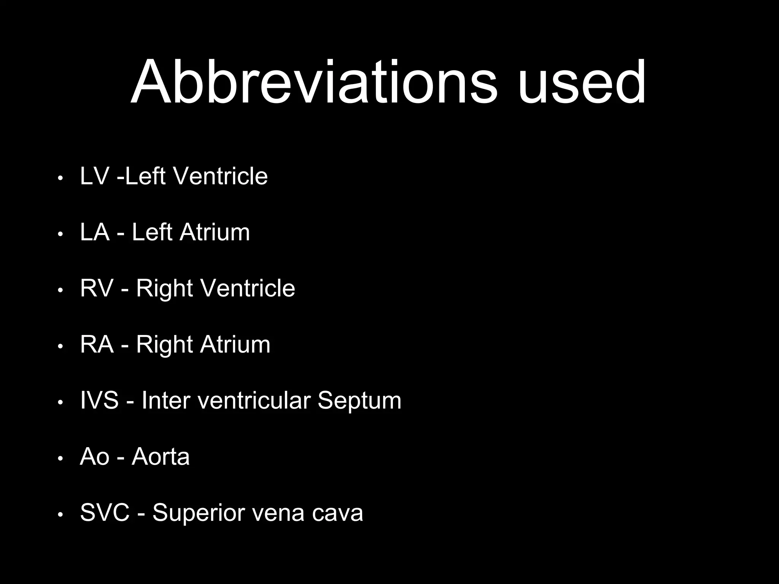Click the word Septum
coord(359,401)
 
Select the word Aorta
coord(161,456)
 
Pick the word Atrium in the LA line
coord(215,232)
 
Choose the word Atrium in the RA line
coord(235,344)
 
